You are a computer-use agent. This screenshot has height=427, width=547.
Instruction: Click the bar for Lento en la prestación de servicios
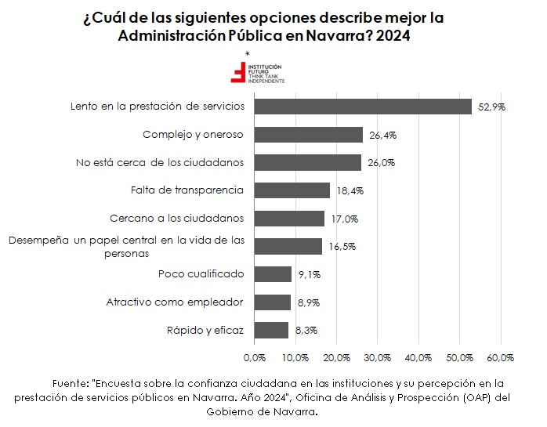pyautogui.click(x=363, y=107)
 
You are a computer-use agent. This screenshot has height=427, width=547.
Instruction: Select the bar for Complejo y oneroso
pyautogui.click(x=309, y=135)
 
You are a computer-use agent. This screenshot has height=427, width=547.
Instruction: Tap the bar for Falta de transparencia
pyautogui.click(x=292, y=190)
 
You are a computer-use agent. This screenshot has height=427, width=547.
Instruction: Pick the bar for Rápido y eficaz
pyautogui.click(x=271, y=330)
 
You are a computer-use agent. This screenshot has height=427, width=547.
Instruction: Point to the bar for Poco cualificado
pyautogui.click(x=273, y=274)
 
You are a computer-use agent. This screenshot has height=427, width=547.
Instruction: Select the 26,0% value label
pyautogui.click(x=382, y=163)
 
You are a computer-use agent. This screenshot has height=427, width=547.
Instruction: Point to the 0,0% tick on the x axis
pyautogui.click(x=255, y=358)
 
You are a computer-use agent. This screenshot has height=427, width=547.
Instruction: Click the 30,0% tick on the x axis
pyautogui.click(x=378, y=358)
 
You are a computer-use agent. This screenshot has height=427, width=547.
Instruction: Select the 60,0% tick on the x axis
pyautogui.click(x=500, y=358)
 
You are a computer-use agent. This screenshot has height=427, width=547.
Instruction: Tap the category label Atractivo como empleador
pyautogui.click(x=175, y=302)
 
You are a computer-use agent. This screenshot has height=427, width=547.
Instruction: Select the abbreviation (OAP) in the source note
pyautogui.click(x=475, y=396)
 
